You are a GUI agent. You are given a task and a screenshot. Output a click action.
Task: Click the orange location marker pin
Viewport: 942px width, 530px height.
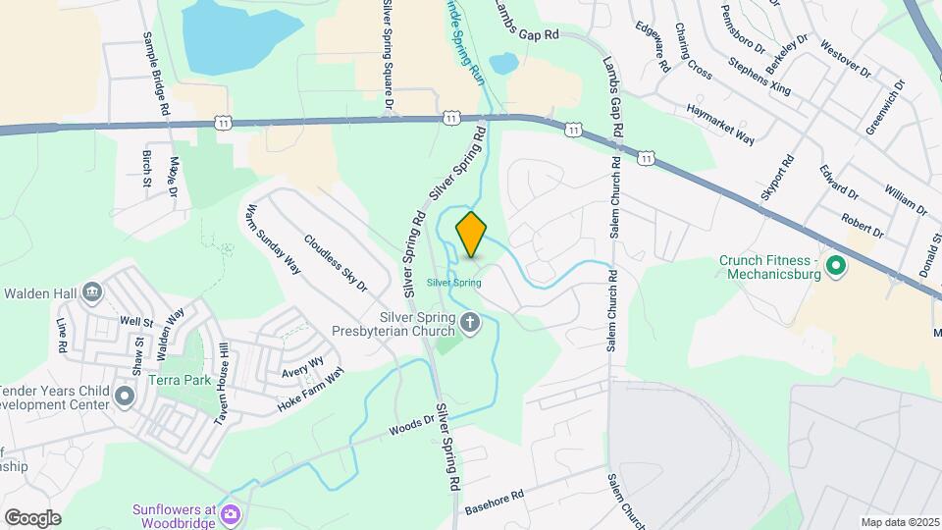coord(471,235)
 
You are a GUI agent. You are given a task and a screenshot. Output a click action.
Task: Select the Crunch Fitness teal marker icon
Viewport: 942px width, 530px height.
coord(836,266)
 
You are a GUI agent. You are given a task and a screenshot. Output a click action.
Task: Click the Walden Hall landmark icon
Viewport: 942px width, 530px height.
coord(92,291)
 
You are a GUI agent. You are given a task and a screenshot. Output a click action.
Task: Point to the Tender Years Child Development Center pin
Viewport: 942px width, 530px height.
coord(125,397)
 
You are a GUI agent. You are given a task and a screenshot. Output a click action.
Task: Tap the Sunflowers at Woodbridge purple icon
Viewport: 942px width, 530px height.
coord(232,513)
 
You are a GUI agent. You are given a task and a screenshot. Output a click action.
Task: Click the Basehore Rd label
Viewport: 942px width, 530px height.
coord(495,502)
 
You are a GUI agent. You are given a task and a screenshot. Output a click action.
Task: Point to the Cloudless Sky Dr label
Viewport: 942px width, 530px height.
coord(335,263)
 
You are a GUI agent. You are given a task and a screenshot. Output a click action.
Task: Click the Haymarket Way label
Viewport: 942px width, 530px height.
coord(720,124)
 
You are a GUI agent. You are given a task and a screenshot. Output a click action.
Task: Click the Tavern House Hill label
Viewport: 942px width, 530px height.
coord(223,385)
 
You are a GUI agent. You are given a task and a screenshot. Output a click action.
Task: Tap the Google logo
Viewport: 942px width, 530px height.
coord(32,518)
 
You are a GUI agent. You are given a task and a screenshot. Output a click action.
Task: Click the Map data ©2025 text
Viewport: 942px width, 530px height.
coord(899,522)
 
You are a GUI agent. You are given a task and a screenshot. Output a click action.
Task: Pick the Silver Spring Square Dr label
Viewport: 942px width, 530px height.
coord(389,54)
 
